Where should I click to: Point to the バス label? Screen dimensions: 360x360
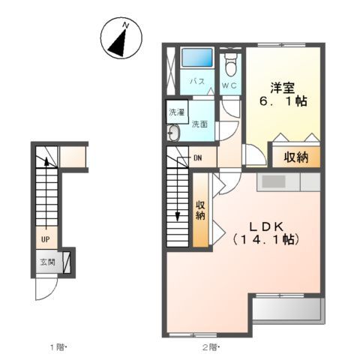(196, 80)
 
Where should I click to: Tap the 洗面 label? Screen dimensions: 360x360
(199, 123)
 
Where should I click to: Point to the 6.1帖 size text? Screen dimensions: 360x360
(283, 100)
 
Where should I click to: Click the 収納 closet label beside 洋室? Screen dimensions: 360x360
(296, 157)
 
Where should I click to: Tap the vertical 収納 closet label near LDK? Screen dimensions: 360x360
(201, 211)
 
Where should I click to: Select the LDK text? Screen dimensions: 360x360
(266, 224)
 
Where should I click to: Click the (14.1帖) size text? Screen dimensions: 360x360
(266, 240)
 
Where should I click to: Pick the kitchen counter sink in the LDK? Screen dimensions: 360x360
(273, 181)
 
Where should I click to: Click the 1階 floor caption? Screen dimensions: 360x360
(59, 346)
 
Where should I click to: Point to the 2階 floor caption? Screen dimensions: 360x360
(209, 346)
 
